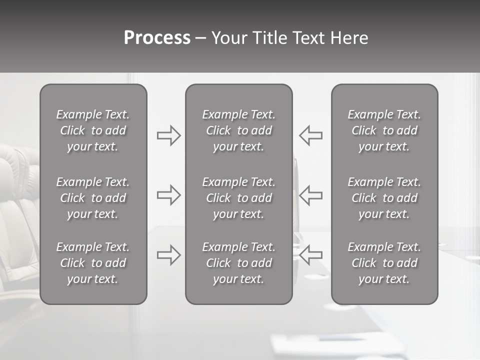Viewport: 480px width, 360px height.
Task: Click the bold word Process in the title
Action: [x=157, y=38]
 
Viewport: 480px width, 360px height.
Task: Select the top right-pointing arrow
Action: [x=169, y=135]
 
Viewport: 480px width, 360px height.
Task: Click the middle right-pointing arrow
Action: [x=169, y=195]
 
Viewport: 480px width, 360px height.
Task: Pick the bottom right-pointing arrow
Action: [x=169, y=255]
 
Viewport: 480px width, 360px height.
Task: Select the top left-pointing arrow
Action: [x=310, y=135]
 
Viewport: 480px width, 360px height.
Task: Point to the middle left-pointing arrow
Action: [x=310, y=195]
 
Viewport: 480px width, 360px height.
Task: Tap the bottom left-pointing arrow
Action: [x=310, y=255]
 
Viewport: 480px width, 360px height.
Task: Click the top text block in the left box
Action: [x=93, y=130]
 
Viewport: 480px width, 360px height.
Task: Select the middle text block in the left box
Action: [x=93, y=198]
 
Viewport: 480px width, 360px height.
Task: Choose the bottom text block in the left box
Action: [x=93, y=263]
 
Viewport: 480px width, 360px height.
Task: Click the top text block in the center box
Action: [x=238, y=130]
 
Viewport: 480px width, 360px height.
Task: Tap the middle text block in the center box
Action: [x=238, y=198]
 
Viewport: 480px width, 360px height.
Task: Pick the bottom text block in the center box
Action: [x=238, y=263]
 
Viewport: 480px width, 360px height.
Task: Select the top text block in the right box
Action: [x=384, y=130]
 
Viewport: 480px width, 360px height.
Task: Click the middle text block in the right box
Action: [x=384, y=198]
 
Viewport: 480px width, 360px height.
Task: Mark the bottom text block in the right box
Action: [x=384, y=263]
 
